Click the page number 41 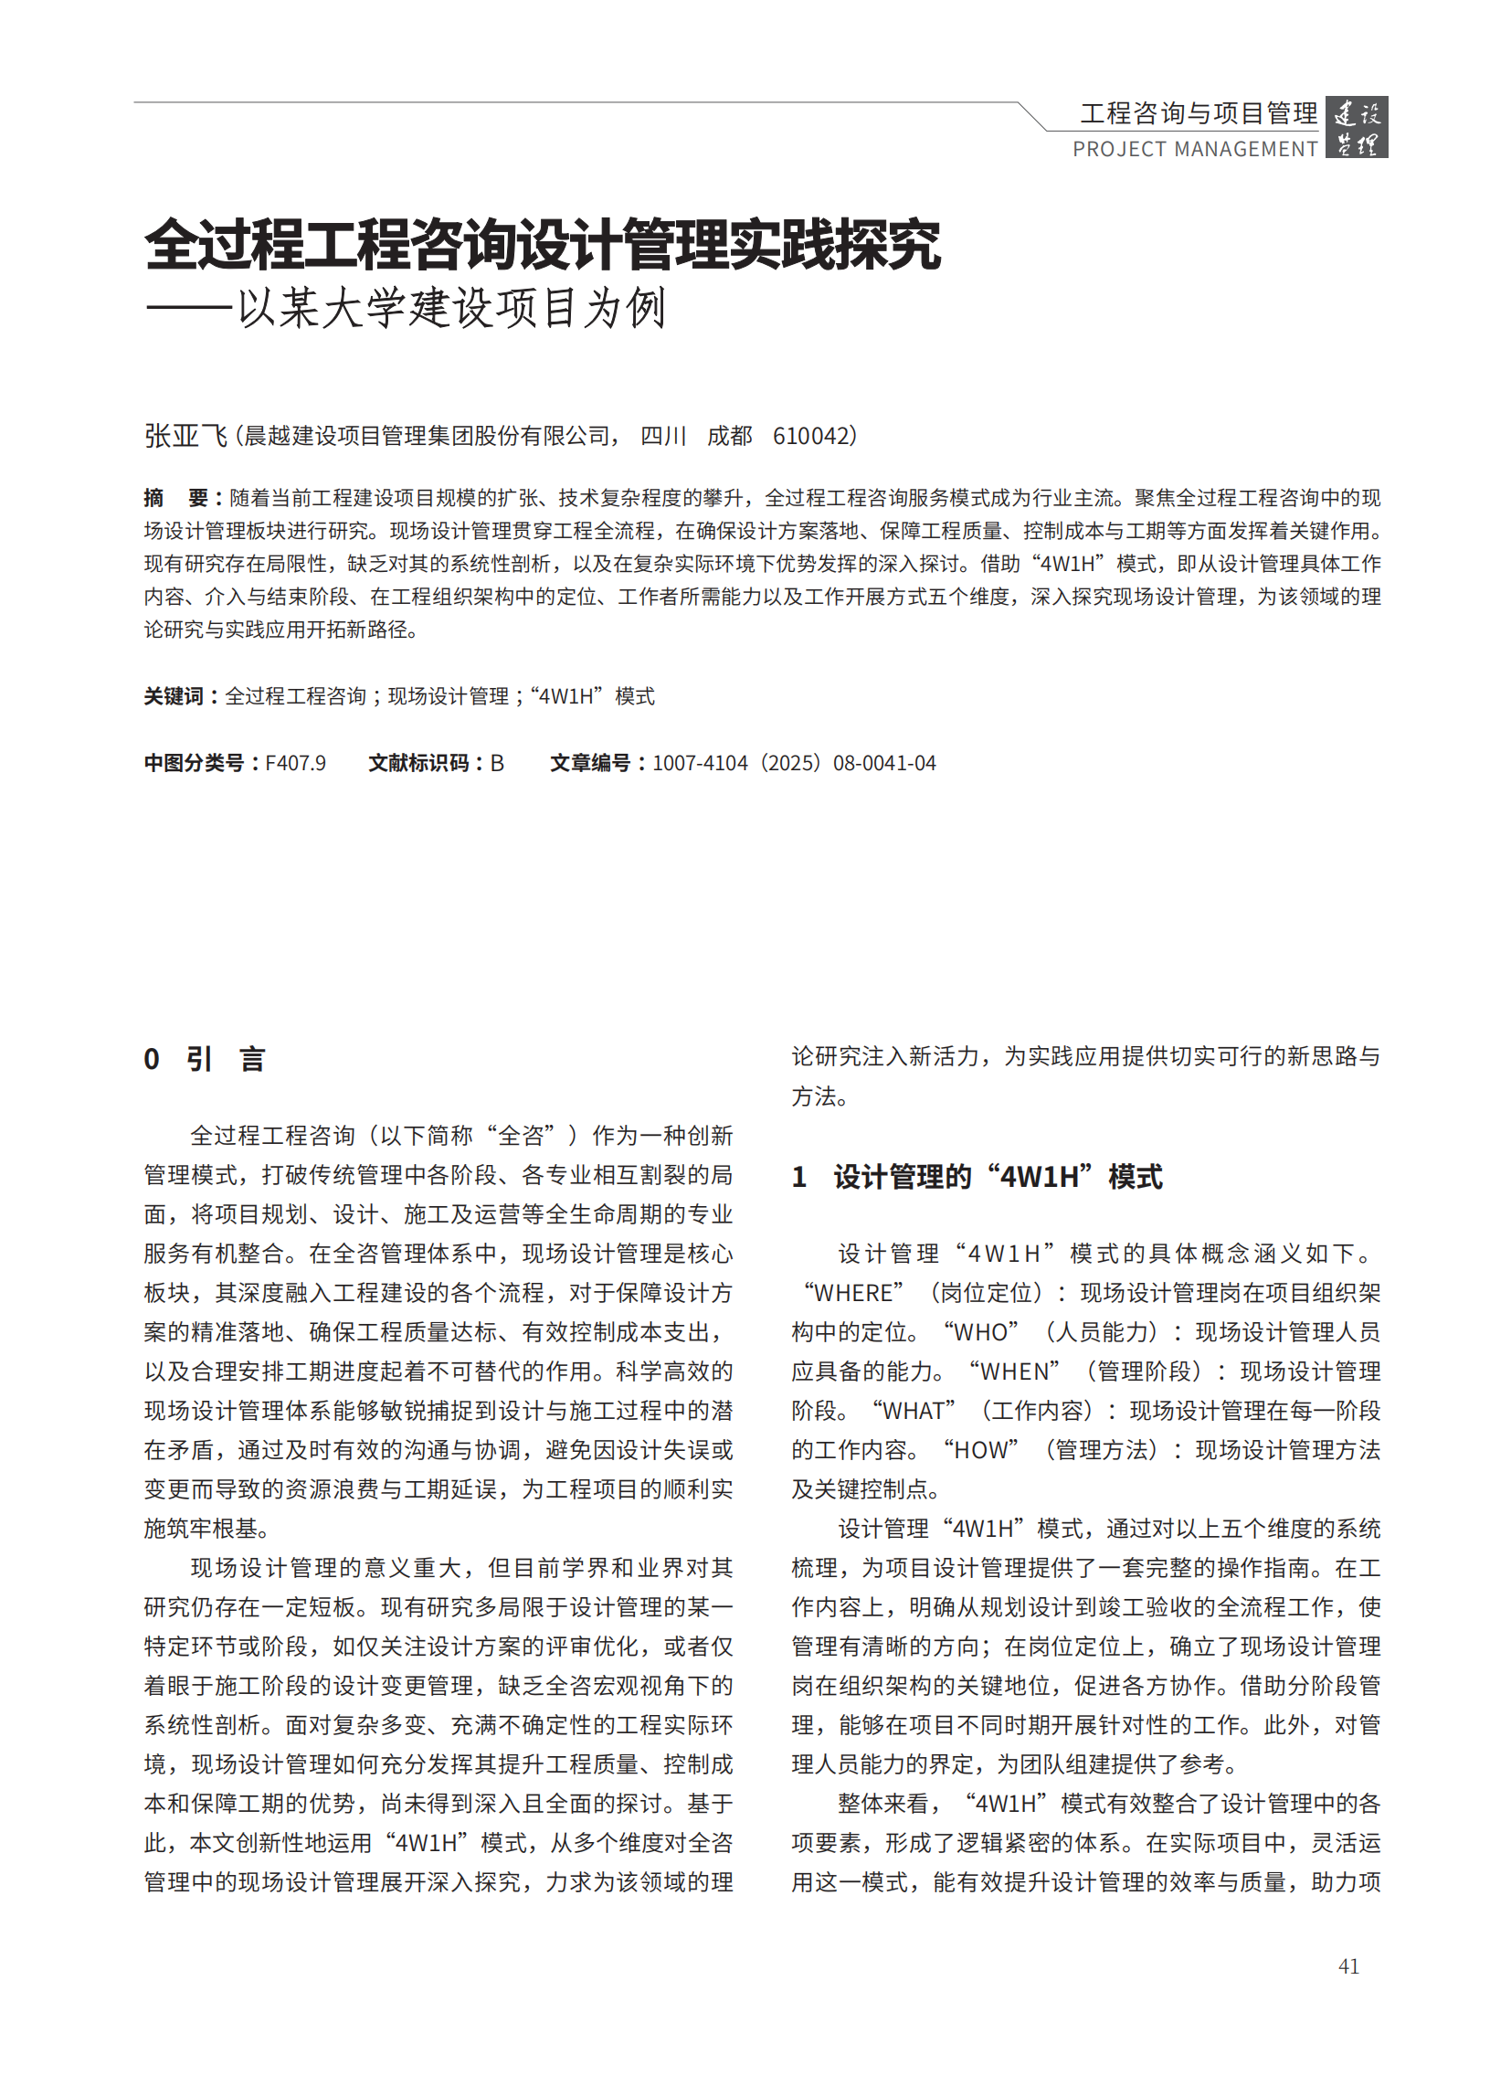click(x=1348, y=1965)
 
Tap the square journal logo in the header click(x=1356, y=127)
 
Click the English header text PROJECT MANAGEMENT click(x=1195, y=149)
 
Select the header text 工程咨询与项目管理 click(x=1199, y=113)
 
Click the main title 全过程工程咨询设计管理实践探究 click(x=543, y=245)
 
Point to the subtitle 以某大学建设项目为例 click(x=450, y=308)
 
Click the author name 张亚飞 click(x=185, y=435)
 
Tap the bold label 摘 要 click(x=180, y=498)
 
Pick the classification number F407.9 click(x=295, y=763)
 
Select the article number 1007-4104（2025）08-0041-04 click(x=794, y=763)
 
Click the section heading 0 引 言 click(x=204, y=1059)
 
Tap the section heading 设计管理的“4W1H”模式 click(x=997, y=1176)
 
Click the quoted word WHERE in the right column click(x=853, y=1292)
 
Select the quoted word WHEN click(x=1014, y=1371)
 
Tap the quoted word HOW click(x=980, y=1449)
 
